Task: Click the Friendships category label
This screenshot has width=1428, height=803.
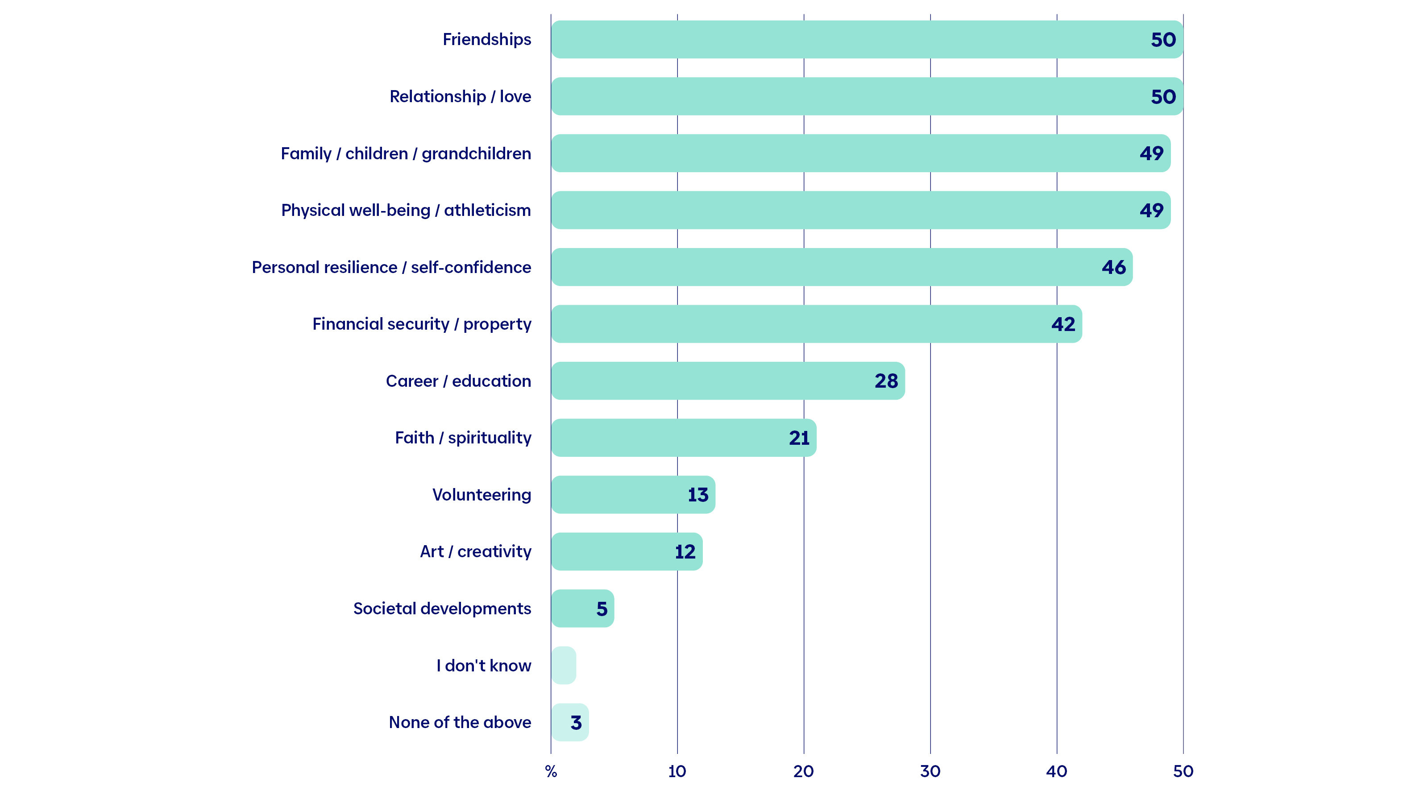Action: click(487, 39)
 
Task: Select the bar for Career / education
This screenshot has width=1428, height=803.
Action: click(728, 381)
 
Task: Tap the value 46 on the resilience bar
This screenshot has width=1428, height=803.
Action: click(1114, 268)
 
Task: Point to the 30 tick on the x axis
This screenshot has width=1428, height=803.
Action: click(930, 771)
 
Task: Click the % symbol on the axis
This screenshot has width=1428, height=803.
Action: click(551, 771)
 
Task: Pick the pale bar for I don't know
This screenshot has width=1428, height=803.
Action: click(564, 665)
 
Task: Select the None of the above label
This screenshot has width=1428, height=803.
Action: click(460, 722)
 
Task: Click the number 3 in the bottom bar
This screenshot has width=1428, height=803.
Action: click(576, 723)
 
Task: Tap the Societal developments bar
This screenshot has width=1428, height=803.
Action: click(583, 608)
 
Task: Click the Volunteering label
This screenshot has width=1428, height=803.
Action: click(482, 494)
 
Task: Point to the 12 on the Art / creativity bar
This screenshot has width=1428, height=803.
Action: click(685, 552)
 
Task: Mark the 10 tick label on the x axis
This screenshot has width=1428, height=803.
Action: click(677, 771)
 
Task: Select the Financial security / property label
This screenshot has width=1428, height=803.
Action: click(422, 324)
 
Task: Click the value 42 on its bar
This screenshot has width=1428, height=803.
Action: click(1063, 324)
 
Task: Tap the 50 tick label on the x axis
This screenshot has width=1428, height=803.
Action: click(1183, 771)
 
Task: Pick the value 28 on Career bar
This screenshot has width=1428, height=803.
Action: click(886, 381)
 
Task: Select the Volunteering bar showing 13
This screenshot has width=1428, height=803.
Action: click(633, 494)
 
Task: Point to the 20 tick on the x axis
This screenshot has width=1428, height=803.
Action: click(803, 771)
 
